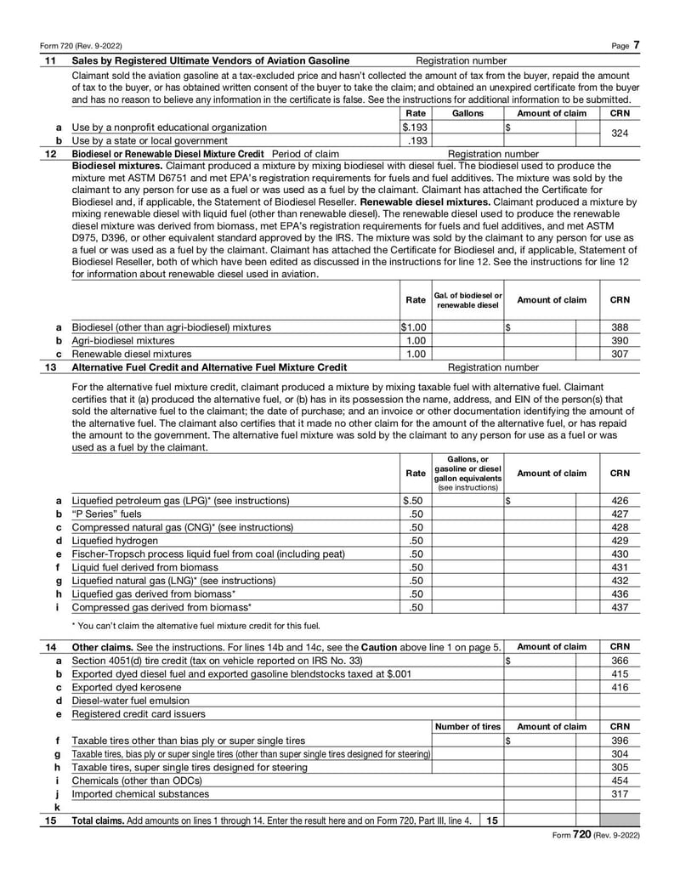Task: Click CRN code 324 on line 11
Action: click(x=620, y=133)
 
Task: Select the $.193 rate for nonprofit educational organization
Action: click(x=414, y=127)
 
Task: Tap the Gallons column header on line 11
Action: click(x=467, y=112)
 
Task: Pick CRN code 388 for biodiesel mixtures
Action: click(x=620, y=326)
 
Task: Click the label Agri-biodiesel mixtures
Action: click(x=123, y=340)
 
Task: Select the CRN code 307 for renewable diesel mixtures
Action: click(x=620, y=354)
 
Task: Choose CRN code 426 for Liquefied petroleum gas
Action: click(x=620, y=501)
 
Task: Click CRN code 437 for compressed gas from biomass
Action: click(x=620, y=608)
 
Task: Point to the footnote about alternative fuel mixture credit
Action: click(x=195, y=627)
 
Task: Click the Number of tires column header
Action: click(x=467, y=727)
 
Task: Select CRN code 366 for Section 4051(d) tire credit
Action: click(x=620, y=661)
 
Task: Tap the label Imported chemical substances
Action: click(x=140, y=794)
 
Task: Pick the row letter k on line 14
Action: click(x=57, y=808)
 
